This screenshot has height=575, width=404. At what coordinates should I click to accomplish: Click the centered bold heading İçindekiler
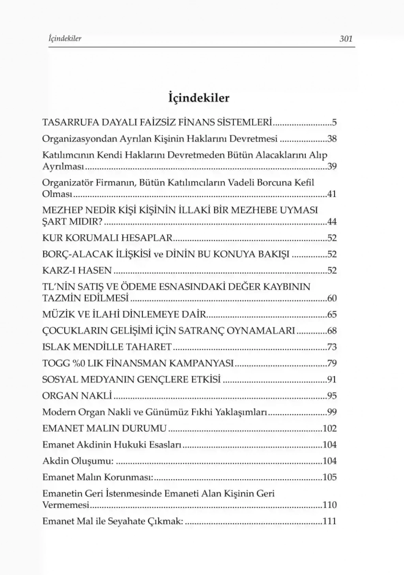pos(198,97)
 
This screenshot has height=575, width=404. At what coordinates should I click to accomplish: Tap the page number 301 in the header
pos(346,39)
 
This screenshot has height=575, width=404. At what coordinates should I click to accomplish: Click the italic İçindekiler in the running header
pos(62,39)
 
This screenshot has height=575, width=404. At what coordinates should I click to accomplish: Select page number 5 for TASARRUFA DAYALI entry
pos(334,122)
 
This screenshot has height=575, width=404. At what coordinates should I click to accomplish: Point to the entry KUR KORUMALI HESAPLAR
pos(107,238)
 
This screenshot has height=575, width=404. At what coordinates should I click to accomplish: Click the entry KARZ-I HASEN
pos(77,271)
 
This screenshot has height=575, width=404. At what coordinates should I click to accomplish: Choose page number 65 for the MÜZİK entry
pos(332,315)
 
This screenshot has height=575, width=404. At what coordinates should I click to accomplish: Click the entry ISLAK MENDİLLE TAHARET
pos(107,347)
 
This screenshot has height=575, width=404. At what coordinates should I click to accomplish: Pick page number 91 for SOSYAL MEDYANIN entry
pos(332,380)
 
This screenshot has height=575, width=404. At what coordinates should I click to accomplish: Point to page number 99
pos(332,412)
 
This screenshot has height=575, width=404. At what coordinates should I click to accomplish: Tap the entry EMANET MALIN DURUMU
pos(105,429)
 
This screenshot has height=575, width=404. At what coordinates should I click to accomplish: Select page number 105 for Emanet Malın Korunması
pos(329,477)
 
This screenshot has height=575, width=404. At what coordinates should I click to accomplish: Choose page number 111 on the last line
pos(329,521)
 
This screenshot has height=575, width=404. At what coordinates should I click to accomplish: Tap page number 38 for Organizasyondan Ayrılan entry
pos(332,139)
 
